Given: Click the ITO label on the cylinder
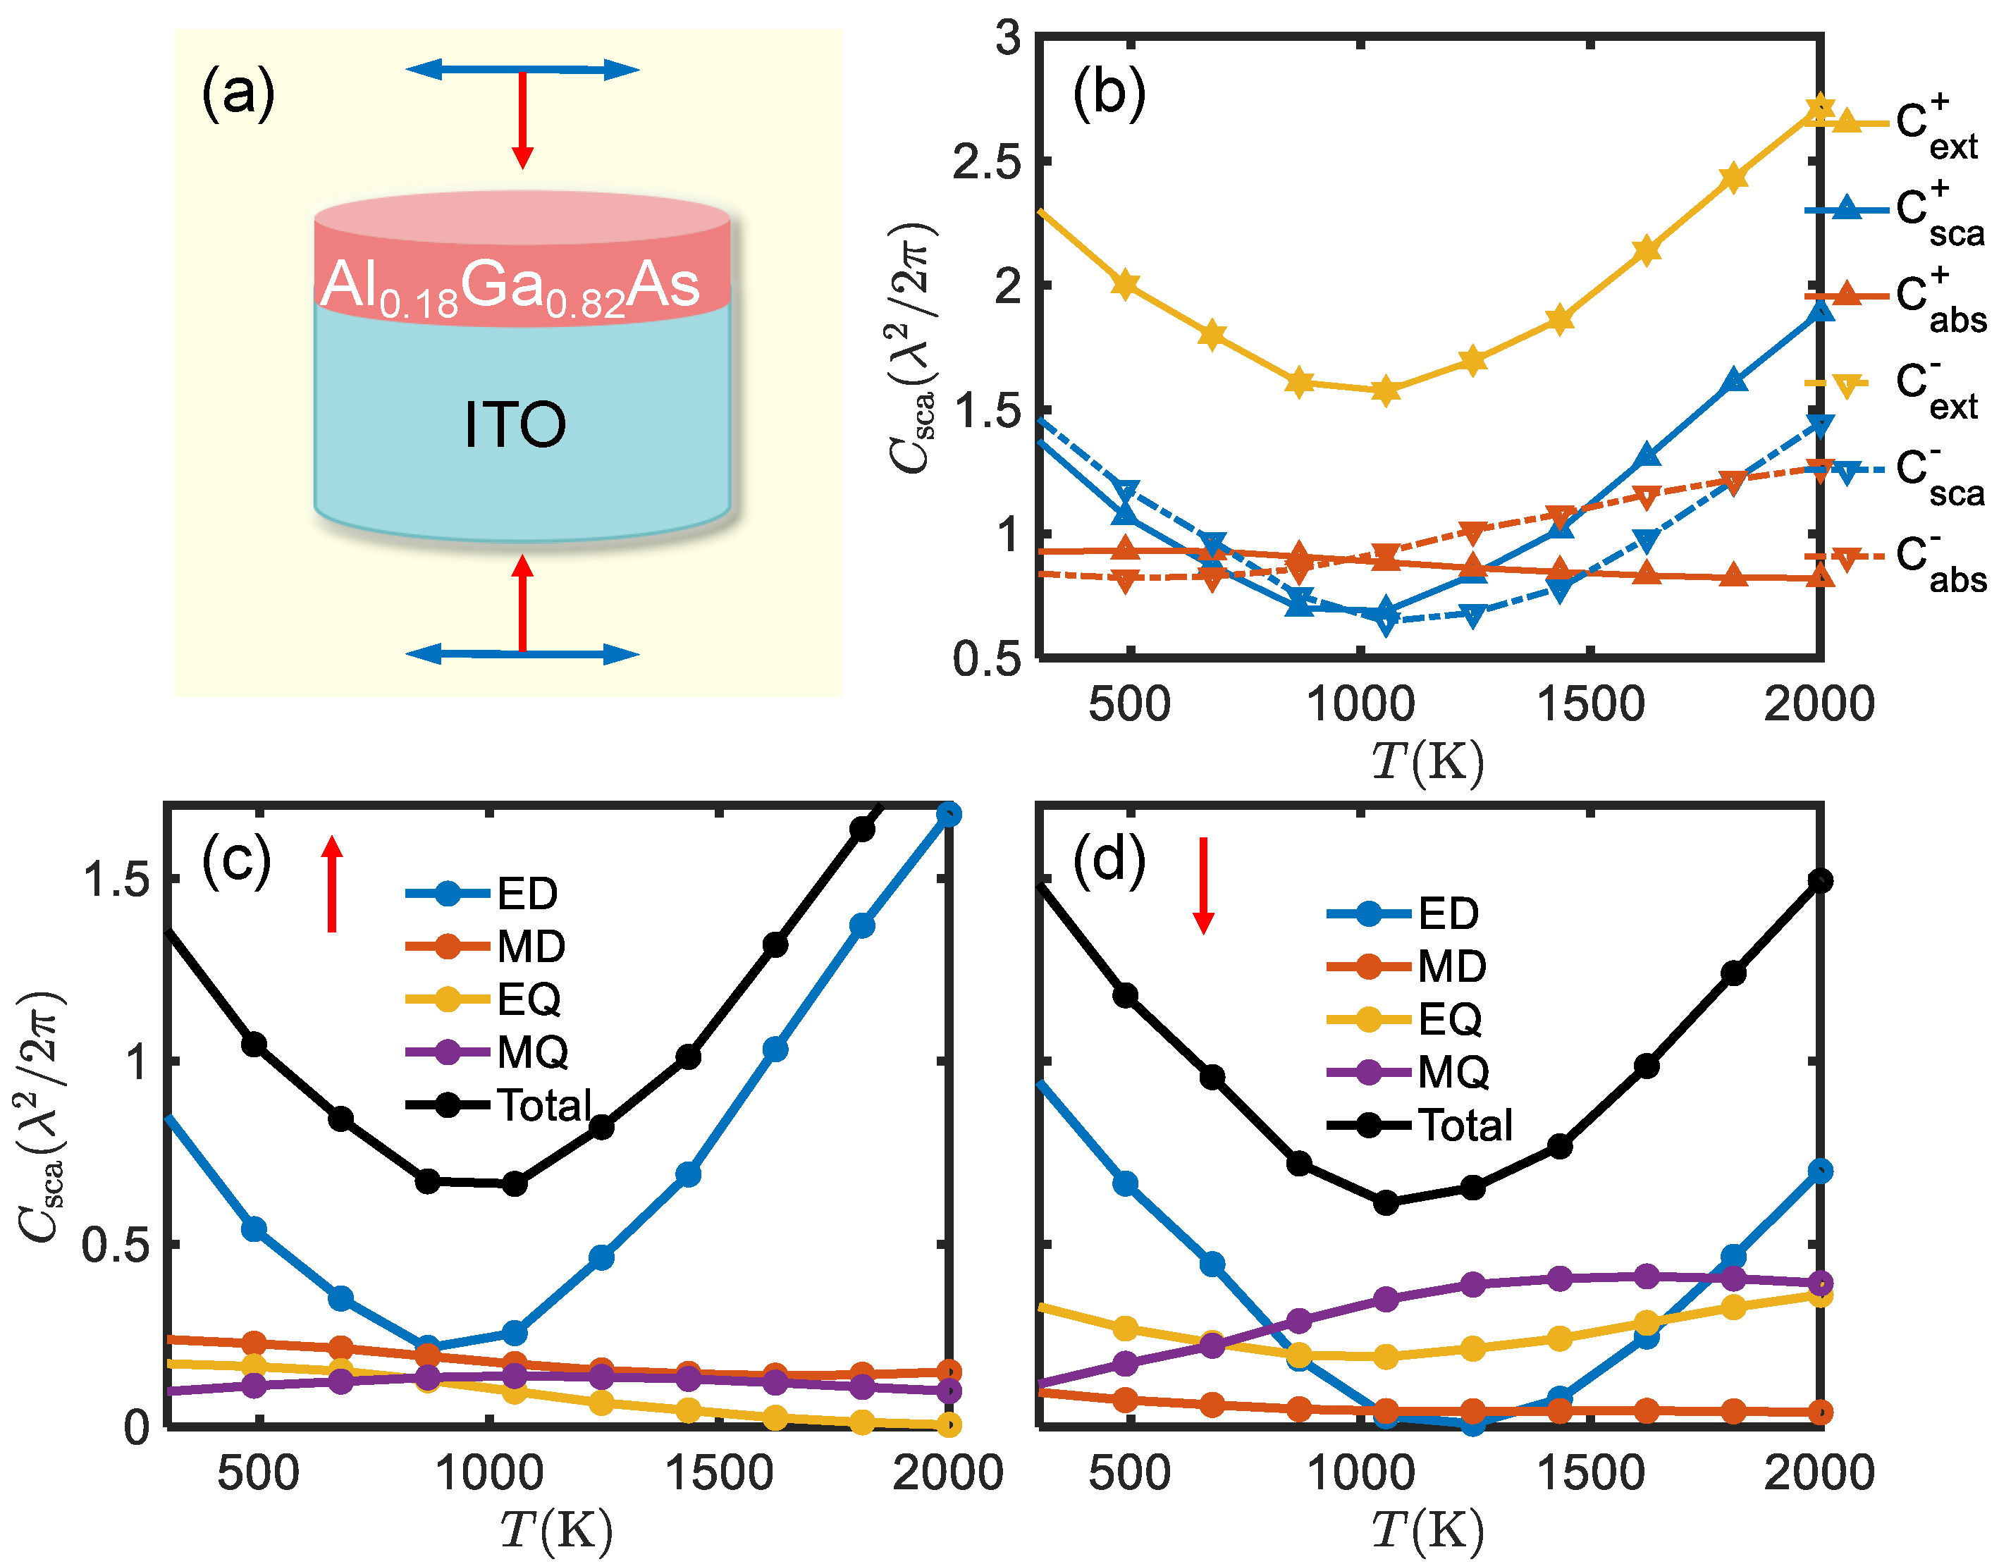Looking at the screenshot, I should [x=515, y=425].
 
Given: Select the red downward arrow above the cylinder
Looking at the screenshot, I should [x=522, y=119].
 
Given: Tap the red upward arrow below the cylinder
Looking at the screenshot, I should [x=522, y=603].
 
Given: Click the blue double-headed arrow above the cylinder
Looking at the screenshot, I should [x=522, y=70].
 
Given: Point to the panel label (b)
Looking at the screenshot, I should [x=1108, y=94].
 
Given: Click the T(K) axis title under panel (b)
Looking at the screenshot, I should [x=1427, y=762].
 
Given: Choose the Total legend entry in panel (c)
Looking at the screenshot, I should [x=502, y=1105].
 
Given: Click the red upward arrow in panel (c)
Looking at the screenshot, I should [x=333, y=884].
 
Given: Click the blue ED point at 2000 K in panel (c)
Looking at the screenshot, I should [x=949, y=814].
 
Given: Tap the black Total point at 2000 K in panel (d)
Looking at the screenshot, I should [x=1821, y=881].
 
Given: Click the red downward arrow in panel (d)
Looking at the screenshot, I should [x=1203, y=885].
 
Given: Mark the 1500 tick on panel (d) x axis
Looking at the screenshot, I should [x=1591, y=1474].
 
